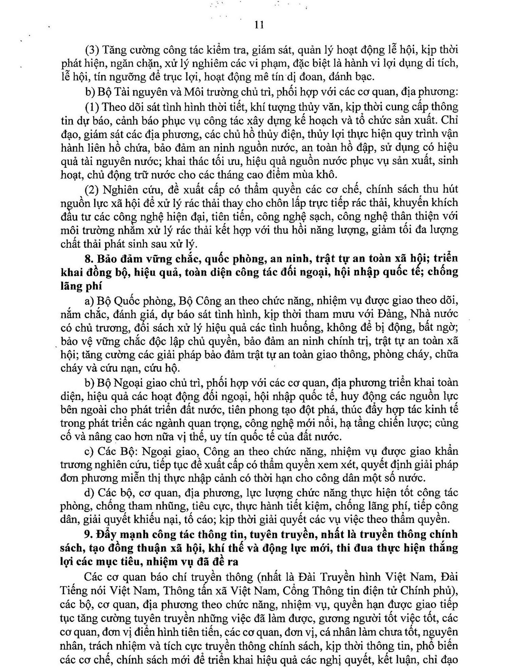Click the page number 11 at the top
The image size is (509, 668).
[259, 25]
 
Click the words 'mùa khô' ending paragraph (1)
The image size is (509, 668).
[319, 175]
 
